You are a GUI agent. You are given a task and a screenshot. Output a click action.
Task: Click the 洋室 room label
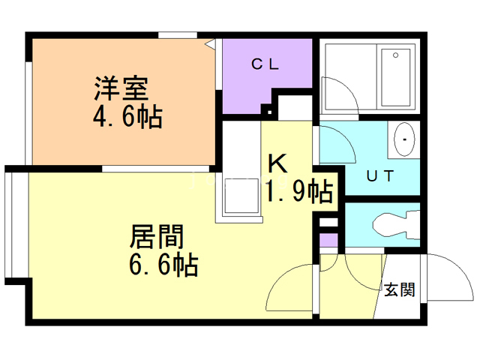tap(121, 89)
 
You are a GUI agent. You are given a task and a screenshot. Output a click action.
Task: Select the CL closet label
tap(265, 64)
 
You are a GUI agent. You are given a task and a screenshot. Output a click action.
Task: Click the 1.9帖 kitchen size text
tap(299, 193)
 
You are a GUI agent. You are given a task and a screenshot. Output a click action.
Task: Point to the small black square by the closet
tap(265, 110)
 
